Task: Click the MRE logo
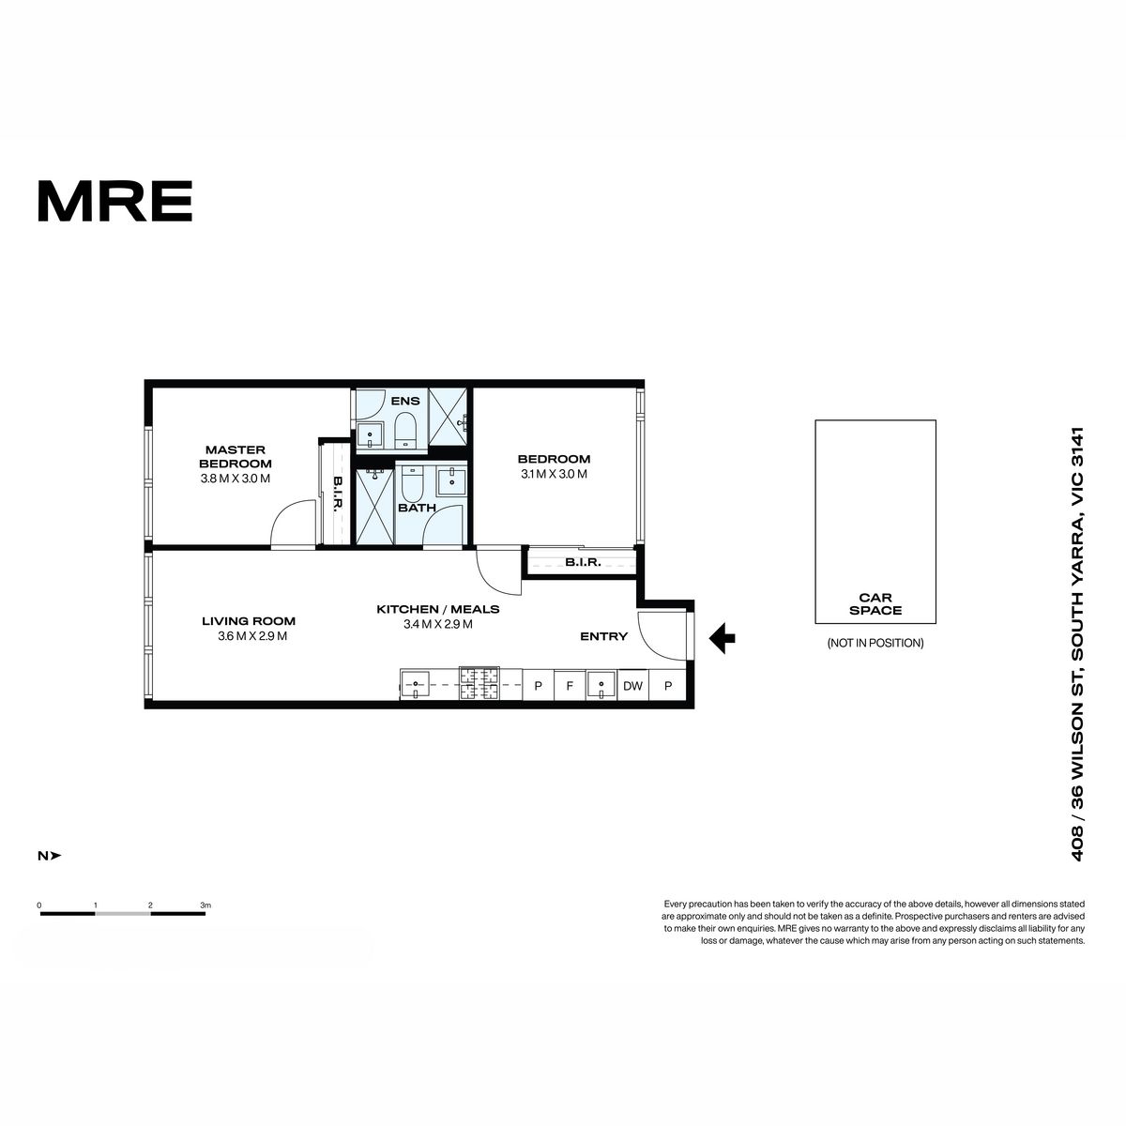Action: click(115, 201)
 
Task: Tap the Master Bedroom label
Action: click(236, 456)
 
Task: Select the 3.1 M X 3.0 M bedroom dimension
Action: click(554, 474)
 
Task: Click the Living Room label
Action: click(249, 620)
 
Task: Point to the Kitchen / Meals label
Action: click(437, 609)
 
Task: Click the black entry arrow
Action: click(723, 638)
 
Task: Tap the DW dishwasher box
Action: click(632, 686)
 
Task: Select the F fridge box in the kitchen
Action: click(570, 686)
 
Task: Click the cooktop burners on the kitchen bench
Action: click(479, 684)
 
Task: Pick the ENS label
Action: click(405, 401)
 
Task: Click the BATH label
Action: click(418, 508)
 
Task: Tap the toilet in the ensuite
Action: click(403, 431)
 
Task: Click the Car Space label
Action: click(875, 604)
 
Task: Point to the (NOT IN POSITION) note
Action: click(875, 644)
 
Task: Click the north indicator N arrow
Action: click(50, 856)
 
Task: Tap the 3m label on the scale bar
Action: click(205, 905)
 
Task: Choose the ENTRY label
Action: click(603, 636)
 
